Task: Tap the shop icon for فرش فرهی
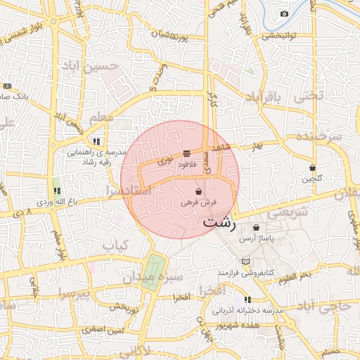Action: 199,191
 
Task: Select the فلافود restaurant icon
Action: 186,153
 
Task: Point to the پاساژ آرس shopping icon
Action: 256,228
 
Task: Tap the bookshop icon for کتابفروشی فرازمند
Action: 245,262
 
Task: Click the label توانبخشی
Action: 281,34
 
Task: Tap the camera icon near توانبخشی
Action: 284,13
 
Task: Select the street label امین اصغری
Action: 102,329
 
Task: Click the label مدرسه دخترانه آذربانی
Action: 247,310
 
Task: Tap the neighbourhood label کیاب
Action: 115,246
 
